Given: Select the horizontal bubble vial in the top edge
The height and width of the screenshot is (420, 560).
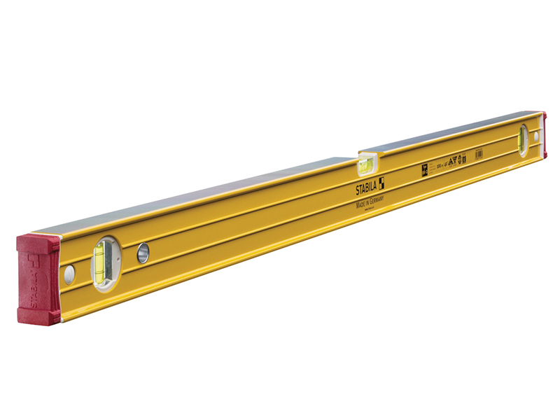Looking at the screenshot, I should pyautogui.click(x=366, y=167).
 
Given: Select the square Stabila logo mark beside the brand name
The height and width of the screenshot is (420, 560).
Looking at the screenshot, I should pyautogui.click(x=381, y=183).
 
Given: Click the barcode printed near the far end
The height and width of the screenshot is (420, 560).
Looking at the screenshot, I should pyautogui.click(x=479, y=154).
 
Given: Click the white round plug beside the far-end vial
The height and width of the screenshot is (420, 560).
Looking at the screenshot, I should pyautogui.click(x=536, y=138).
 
